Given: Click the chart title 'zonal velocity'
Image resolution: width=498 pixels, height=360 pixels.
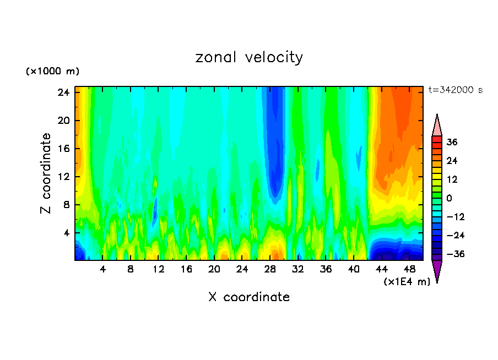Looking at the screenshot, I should pos(249,57).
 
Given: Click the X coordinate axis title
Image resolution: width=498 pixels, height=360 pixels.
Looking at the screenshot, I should pos(249,297).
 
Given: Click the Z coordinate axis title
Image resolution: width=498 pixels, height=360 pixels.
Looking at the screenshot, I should pos(46,173).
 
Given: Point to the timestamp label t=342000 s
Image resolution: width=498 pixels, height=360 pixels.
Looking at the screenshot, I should pos(455,90).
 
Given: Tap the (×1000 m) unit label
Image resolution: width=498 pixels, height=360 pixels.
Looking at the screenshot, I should pos(52,72).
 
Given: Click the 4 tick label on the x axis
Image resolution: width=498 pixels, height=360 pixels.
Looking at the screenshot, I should pos(103,270).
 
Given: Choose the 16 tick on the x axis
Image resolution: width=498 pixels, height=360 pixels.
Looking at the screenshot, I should pos(186,270).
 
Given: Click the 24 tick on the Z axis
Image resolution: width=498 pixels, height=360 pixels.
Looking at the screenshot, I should pos(62,92).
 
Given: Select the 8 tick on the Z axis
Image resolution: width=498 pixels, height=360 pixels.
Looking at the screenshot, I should pos(64,205).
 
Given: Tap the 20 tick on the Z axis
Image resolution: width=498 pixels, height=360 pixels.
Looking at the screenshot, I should pos(62,121).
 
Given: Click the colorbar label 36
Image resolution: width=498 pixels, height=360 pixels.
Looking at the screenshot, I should pos(452,142).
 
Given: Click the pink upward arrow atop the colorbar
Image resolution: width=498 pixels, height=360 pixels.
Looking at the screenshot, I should pos(437,124).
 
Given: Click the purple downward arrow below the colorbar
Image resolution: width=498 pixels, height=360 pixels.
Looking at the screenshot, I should pos(437,270).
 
